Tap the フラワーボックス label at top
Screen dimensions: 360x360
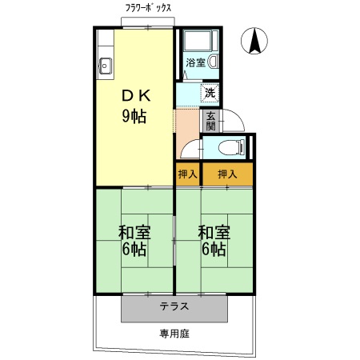[148, 9]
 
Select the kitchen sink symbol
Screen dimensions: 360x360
[105, 66]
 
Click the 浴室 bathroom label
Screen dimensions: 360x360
[195, 62]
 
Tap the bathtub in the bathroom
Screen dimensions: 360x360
[195, 42]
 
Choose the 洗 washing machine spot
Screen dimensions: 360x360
[210, 92]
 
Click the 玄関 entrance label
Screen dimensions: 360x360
[210, 119]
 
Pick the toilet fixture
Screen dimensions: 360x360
[233, 146]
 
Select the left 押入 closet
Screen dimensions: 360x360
[187, 174]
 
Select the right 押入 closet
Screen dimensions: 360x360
[227, 174]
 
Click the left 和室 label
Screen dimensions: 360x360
[134, 232]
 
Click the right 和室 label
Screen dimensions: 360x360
[214, 232]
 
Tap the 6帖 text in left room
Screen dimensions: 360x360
[134, 250]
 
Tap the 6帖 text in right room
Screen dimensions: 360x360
[214, 250]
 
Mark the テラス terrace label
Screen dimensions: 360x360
[174, 306]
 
